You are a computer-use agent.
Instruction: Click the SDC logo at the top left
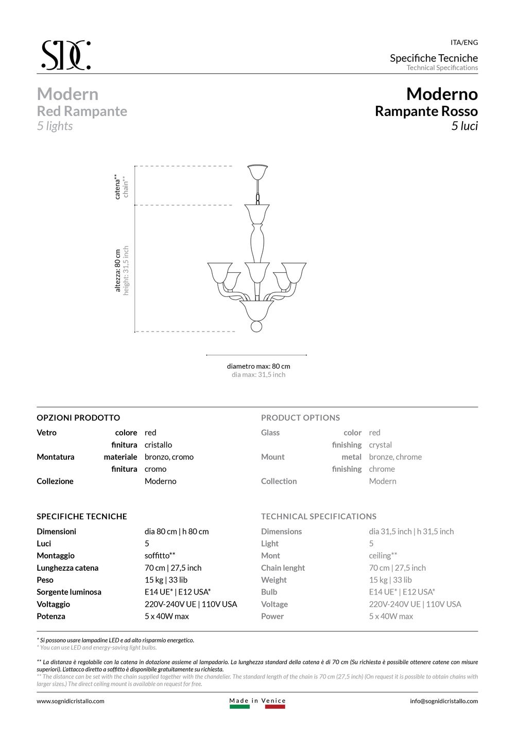coord(66,55)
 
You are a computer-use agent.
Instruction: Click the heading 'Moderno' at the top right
coord(442,94)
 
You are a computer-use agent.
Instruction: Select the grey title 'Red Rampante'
coord(82,111)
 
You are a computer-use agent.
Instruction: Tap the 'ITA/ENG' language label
coord(464,43)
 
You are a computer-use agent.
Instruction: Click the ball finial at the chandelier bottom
coord(256,327)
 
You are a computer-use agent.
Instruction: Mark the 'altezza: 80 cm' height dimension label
coord(118,270)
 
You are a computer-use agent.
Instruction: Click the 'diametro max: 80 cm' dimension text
coord(259,366)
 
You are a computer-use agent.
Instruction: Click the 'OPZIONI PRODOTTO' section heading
coord(78,418)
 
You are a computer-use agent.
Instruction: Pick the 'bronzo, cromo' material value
coord(169,457)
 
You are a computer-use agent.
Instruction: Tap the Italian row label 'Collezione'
coord(55,481)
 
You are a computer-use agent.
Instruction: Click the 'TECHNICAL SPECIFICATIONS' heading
coord(319,516)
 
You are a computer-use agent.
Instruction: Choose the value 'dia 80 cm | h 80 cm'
coord(177,532)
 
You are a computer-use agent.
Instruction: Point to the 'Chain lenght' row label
coord(283,568)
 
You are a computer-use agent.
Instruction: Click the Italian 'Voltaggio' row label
coord(53,604)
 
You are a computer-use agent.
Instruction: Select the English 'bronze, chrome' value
coord(395,457)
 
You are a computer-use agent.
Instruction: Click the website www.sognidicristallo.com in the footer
coord(71,701)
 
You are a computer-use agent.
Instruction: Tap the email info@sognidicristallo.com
coord(444,701)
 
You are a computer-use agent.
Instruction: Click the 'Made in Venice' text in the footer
coord(257,701)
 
